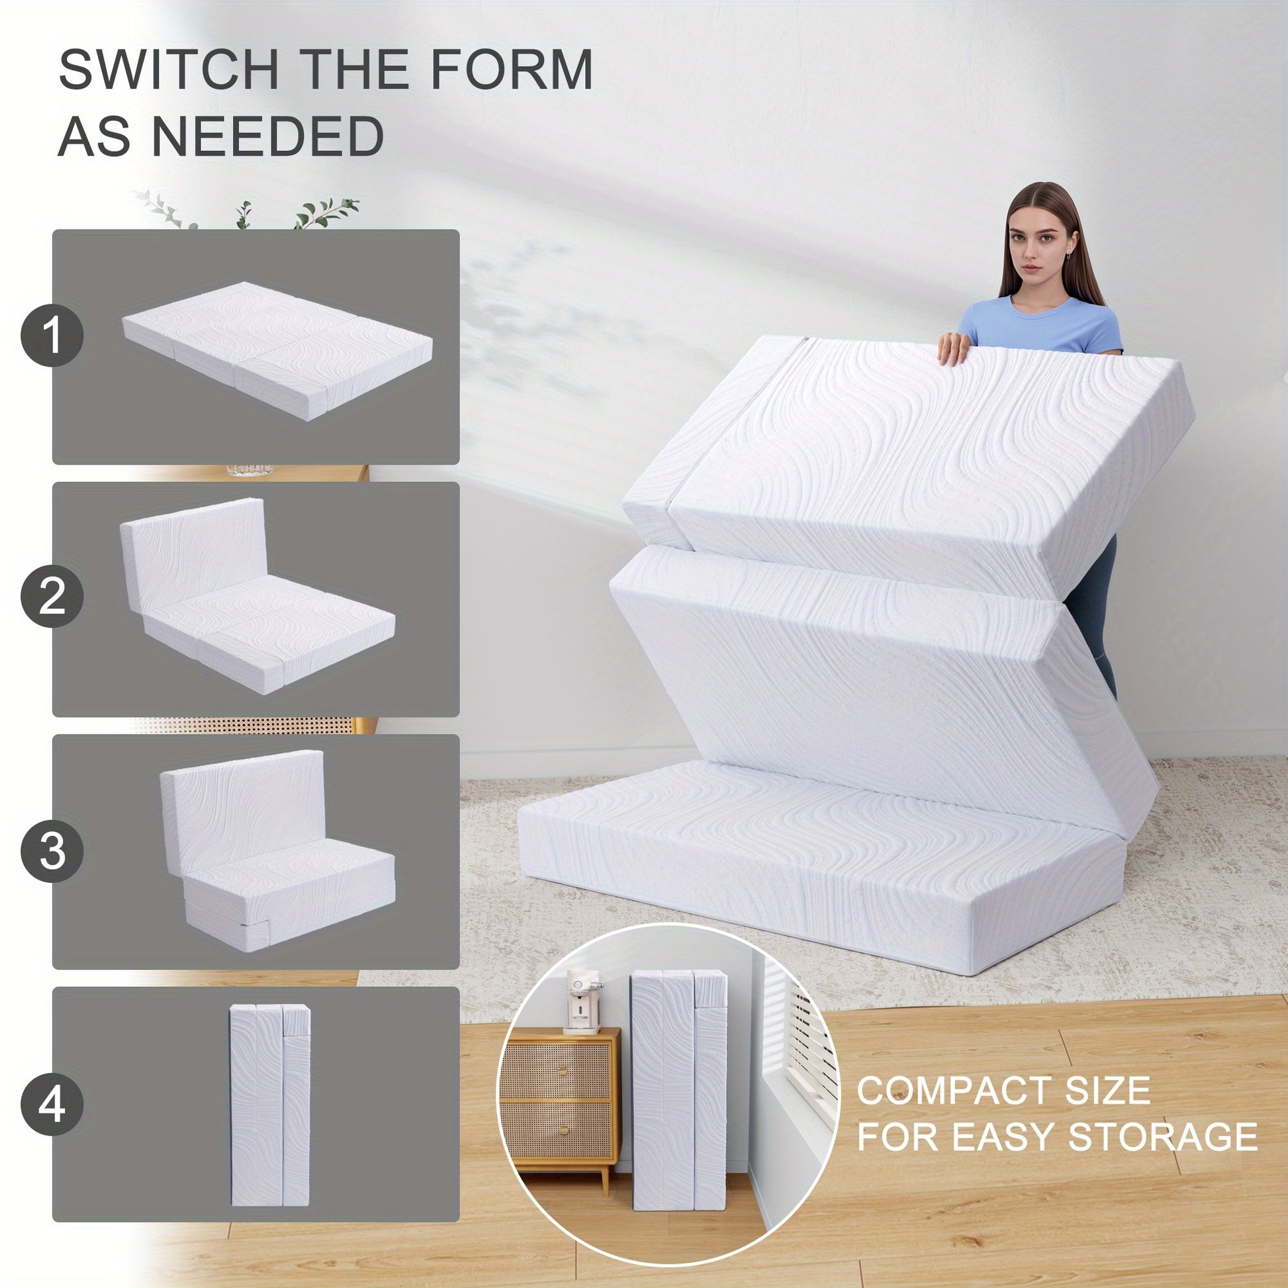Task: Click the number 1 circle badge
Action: [x=52, y=336]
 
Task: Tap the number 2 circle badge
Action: [x=52, y=596]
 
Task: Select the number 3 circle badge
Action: [x=52, y=851]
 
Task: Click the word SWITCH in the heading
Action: [x=168, y=69]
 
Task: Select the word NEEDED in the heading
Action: [x=268, y=136]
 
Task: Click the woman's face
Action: [x=1038, y=246]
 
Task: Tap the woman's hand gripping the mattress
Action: [x=954, y=348]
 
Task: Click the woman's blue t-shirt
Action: [x=1040, y=326]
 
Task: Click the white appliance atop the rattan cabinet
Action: [x=581, y=1001]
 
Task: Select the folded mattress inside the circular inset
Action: [x=678, y=1080]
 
